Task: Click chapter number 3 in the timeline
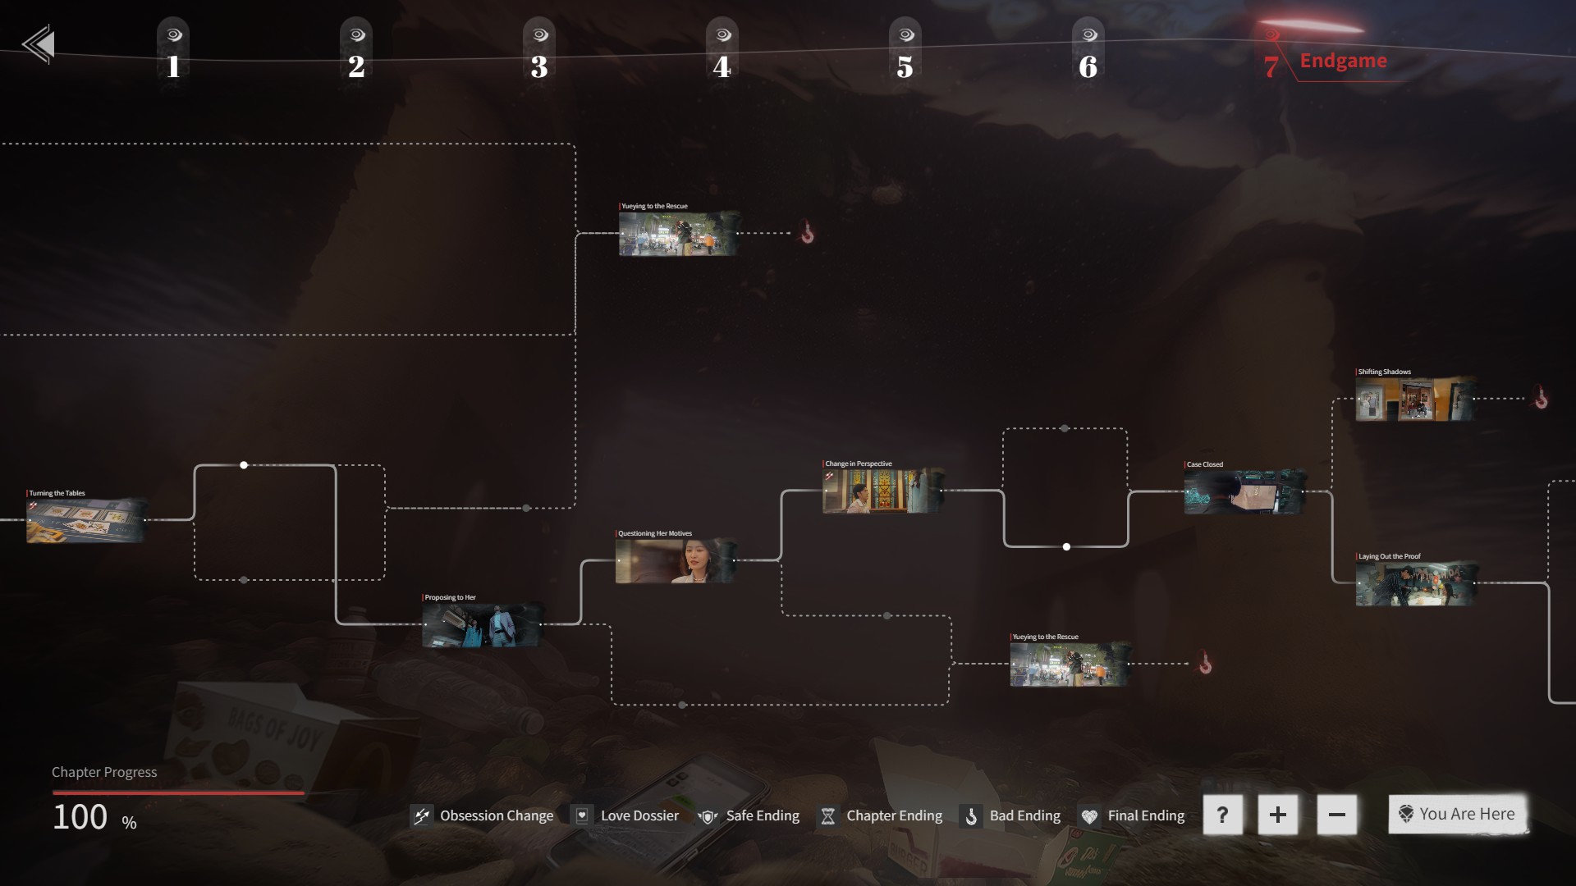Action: point(539,66)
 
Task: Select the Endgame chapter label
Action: point(1343,61)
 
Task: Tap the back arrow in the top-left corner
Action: point(39,44)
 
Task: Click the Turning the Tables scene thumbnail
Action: point(86,520)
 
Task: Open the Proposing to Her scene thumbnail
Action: point(483,625)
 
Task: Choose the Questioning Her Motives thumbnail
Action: point(676,561)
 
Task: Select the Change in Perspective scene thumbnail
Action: point(882,491)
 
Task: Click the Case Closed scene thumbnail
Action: point(1244,492)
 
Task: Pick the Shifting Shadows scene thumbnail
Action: point(1415,400)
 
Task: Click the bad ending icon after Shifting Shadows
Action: point(1541,399)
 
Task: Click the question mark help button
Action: point(1222,815)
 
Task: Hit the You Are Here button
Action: point(1457,814)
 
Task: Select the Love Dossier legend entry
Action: point(625,815)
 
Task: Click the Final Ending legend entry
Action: point(1132,815)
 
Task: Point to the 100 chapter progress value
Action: point(80,817)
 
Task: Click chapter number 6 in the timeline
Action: point(1088,66)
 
